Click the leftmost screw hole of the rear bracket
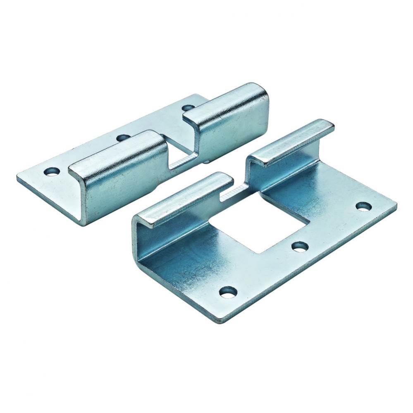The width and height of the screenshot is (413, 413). tap(51, 171)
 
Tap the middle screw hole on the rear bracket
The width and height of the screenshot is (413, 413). tap(122, 138)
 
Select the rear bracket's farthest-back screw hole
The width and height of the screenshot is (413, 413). tap(189, 108)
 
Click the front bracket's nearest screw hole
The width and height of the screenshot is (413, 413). tap(228, 292)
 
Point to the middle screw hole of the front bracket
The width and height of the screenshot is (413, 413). tap(300, 247)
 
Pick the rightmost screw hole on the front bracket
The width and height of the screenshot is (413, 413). tap(363, 206)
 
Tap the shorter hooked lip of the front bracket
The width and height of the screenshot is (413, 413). tap(186, 198)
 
